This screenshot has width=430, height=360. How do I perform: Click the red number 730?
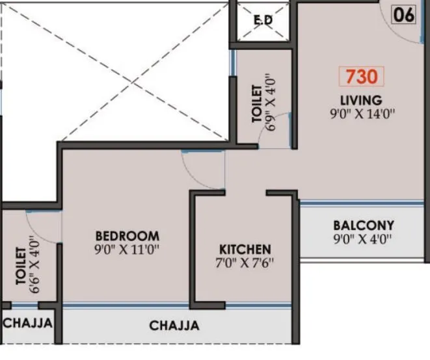point(361,77)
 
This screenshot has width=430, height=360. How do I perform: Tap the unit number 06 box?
point(403,15)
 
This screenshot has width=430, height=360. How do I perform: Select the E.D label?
point(263,19)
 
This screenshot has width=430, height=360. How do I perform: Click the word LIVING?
point(360,100)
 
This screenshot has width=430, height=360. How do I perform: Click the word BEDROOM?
point(127,235)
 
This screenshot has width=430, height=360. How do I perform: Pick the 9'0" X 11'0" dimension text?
point(127,249)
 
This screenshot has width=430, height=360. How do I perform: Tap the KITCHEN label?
point(245,250)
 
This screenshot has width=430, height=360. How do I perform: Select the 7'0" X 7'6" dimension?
point(245,263)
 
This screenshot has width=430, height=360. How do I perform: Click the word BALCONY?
point(364,225)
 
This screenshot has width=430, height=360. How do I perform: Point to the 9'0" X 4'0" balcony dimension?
point(364,238)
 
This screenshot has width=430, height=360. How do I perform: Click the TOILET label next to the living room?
point(256,103)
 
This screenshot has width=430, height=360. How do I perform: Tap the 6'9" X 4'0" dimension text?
point(270,103)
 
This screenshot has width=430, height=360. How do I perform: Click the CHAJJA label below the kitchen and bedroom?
point(174,326)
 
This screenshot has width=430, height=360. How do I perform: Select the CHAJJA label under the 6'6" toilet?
point(27,322)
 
